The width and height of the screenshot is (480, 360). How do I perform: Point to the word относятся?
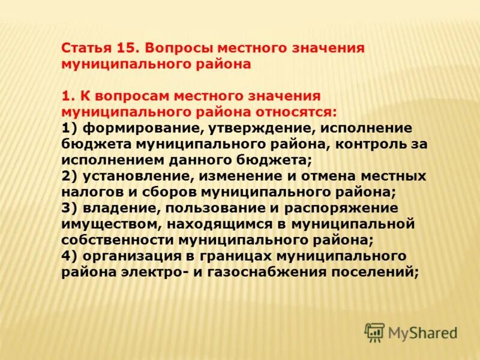[x=290, y=112]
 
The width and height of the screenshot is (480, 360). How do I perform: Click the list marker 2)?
[x=69, y=176]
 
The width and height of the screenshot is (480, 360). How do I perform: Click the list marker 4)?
[x=69, y=256]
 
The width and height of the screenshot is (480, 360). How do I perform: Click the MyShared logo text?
[x=423, y=332]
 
